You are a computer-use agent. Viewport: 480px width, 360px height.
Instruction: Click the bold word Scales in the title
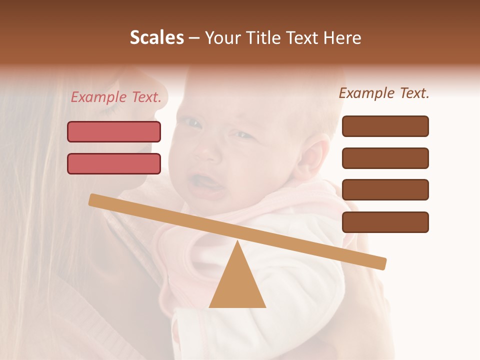[x=156, y=37]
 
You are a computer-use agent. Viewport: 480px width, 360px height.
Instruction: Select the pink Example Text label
[x=116, y=97]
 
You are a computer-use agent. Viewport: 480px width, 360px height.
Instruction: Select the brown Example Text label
[x=384, y=93]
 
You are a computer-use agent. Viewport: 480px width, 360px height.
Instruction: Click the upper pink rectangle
[x=114, y=131]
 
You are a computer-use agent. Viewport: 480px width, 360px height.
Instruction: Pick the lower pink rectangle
[x=114, y=163]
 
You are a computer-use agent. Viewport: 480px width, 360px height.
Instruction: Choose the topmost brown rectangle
[x=385, y=126]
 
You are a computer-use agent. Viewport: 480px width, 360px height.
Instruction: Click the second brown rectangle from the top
[x=385, y=158]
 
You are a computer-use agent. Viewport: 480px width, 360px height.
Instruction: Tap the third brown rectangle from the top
[x=385, y=190]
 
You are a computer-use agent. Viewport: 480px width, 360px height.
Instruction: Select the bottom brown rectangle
[x=385, y=222]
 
